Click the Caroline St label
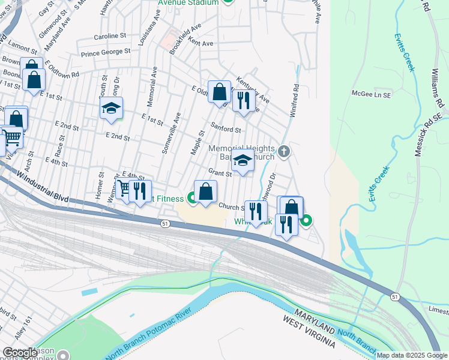tap(113, 36)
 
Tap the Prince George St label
tap(106, 52)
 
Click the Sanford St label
tap(228, 130)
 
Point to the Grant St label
tap(220, 173)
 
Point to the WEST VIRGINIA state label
tap(309, 331)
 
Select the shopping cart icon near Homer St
tap(124, 189)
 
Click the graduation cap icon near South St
tap(111, 109)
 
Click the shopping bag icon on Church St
tap(205, 192)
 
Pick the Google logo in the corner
tap(20, 353)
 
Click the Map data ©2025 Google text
tap(411, 355)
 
